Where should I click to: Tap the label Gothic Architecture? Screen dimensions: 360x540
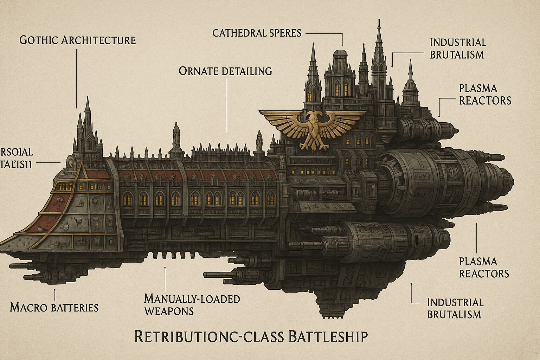click(x=77, y=40)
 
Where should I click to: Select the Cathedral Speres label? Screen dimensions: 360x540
click(x=257, y=33)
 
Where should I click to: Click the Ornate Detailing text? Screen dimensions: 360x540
click(x=225, y=71)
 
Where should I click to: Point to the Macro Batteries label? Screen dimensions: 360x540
click(x=54, y=308)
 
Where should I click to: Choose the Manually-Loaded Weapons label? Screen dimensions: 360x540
click(x=192, y=305)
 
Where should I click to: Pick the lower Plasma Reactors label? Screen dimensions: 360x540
click(x=484, y=267)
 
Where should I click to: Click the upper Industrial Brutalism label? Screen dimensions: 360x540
click(x=458, y=49)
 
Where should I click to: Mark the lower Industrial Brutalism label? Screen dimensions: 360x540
click(x=455, y=308)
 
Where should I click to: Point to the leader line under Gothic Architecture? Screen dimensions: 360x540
click(x=77, y=77)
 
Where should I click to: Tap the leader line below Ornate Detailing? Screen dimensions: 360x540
click(x=227, y=105)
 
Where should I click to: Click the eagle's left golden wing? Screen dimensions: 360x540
click(x=278, y=120)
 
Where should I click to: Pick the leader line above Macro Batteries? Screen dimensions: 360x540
click(x=55, y=294)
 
